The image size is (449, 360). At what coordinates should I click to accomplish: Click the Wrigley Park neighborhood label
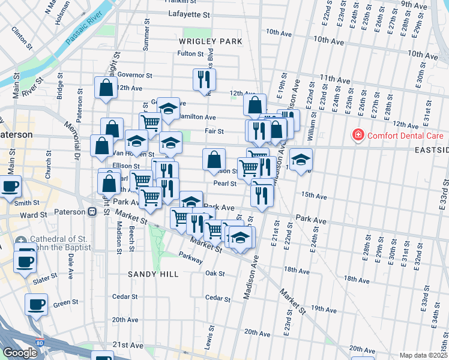[x=210, y=41]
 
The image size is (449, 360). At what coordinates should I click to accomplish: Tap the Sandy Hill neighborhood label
[x=153, y=274]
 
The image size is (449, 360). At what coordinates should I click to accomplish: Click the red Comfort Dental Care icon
[x=358, y=134]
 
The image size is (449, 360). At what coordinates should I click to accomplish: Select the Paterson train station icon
[x=93, y=211]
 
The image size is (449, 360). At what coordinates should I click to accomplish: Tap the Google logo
[x=20, y=353]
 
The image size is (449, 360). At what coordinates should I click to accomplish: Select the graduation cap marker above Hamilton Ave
[x=169, y=108]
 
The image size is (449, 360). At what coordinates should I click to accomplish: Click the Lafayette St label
[x=191, y=14]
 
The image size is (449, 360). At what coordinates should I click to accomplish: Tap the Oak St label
[x=214, y=273]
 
